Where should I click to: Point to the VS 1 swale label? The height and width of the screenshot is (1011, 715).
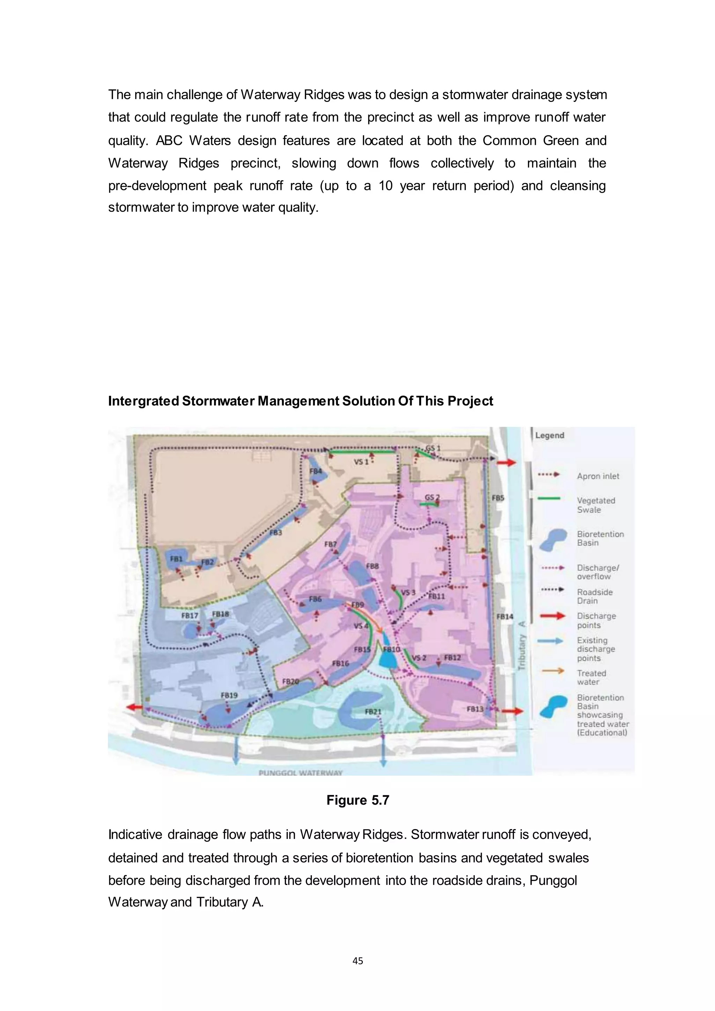(361, 462)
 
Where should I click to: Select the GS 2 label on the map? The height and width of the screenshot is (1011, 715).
(432, 497)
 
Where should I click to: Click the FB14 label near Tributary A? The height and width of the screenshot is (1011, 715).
(504, 617)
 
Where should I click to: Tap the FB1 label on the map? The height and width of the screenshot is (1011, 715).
(176, 559)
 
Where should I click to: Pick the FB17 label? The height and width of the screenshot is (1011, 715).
(190, 615)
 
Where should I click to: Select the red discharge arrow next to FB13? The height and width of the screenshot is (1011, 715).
(513, 711)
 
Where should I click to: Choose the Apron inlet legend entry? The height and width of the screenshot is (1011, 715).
(598, 476)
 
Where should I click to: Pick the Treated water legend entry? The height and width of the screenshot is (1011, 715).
(591, 677)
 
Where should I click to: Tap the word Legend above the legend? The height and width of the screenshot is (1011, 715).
(550, 435)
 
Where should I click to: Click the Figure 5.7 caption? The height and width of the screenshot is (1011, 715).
(357, 800)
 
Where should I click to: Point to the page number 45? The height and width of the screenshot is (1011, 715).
(357, 961)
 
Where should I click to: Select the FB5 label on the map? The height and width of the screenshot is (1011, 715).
(497, 498)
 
